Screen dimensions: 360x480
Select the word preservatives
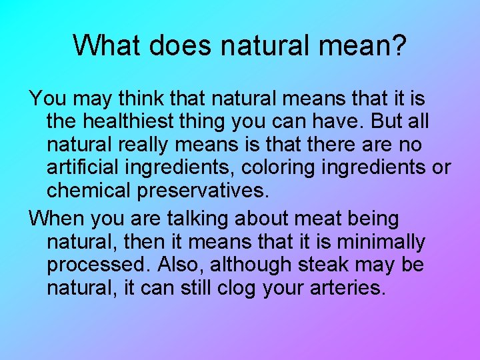click(203, 190)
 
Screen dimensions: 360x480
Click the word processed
click(99, 264)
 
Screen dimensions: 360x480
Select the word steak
click(322, 264)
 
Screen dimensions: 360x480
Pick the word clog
click(234, 287)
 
